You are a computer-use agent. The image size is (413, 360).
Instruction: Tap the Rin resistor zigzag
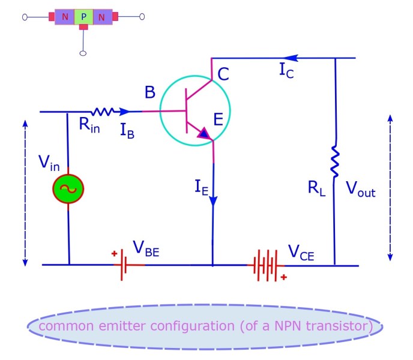click(103, 112)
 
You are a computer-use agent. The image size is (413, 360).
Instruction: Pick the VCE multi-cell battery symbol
click(267, 265)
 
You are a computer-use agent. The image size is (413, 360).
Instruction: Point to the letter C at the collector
click(223, 74)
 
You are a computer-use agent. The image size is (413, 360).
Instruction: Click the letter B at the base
click(149, 94)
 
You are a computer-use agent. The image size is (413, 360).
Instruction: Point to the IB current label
click(127, 131)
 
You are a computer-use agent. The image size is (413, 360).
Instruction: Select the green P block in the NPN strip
click(83, 17)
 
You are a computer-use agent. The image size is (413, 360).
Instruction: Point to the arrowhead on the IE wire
click(213, 203)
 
